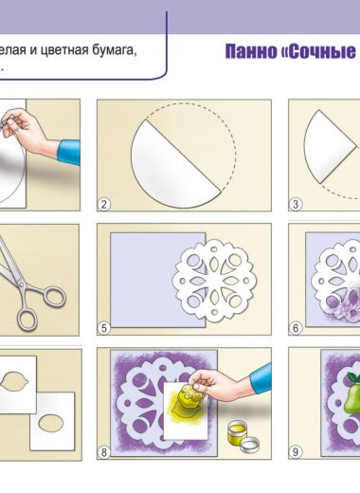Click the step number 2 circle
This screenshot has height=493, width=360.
pyautogui.click(x=104, y=204)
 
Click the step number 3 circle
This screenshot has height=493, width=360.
pyautogui.click(x=296, y=204)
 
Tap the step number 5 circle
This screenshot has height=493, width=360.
pyautogui.click(x=104, y=328)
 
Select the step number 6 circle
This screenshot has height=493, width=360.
pyautogui.click(x=296, y=328)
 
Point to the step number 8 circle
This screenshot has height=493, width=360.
pyautogui.click(x=104, y=452)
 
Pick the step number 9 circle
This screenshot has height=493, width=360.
pyautogui.click(x=296, y=452)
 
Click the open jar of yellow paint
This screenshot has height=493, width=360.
pyautogui.click(x=238, y=432)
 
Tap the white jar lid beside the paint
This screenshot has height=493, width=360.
pyautogui.click(x=249, y=445)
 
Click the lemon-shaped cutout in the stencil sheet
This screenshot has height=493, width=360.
pyautogui.click(x=14, y=381)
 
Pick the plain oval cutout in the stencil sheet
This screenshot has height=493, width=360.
pyautogui.click(x=51, y=423)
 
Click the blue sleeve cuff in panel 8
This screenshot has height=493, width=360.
pyautogui.click(x=261, y=378)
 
